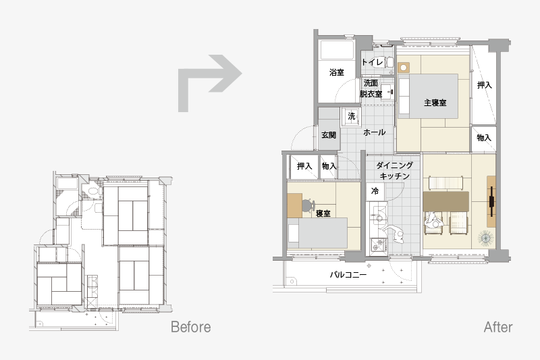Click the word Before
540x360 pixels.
[191, 327]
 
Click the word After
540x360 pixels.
[498, 327]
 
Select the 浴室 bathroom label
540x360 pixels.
[336, 72]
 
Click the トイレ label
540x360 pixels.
[373, 62]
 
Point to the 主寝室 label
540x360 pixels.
[435, 103]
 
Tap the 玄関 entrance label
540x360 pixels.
[329, 134]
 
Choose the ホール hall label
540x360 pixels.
[375, 132]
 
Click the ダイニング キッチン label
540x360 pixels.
[394, 170]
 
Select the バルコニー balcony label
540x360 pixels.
[348, 275]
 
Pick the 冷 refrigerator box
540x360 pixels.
[375, 192]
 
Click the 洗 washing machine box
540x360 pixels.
[351, 117]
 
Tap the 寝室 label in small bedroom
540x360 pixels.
[323, 213]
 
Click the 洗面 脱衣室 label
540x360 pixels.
[371, 88]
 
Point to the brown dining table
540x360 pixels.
[446, 201]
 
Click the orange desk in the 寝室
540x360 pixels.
[294, 205]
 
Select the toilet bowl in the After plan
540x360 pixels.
[390, 62]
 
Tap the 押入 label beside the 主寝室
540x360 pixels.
[484, 85]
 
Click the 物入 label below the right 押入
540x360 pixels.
[484, 138]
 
